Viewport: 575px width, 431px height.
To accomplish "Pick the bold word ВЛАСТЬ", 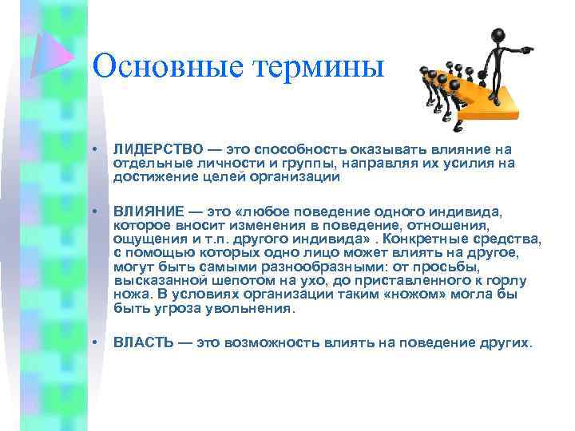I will (143, 342).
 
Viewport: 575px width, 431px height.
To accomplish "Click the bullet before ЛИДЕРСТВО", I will (94, 150).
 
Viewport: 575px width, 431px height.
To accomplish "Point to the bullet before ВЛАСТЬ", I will (94, 342).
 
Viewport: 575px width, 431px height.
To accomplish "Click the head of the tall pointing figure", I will (496, 35).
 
